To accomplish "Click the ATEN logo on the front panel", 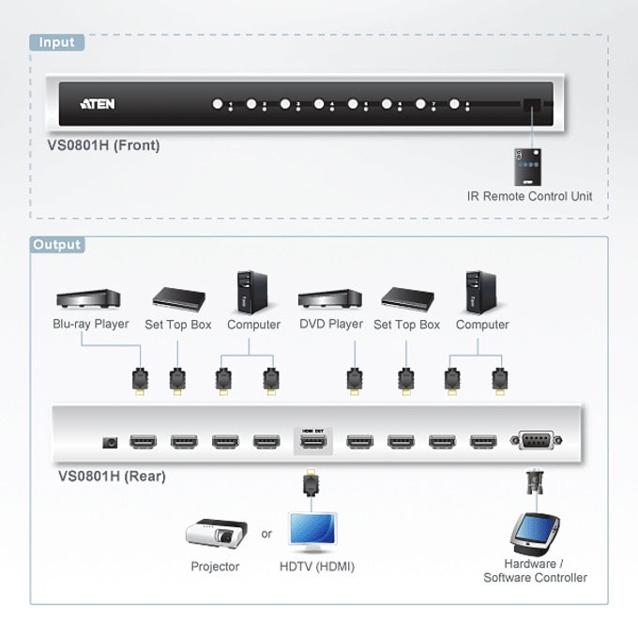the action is click(x=98, y=104).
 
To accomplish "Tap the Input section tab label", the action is click(x=57, y=42).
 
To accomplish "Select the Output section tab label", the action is click(x=57, y=245).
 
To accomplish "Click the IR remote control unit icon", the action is click(x=527, y=167).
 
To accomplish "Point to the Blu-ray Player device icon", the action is click(x=88, y=298).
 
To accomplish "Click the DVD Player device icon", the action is click(x=330, y=298).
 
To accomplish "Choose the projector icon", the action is click(x=217, y=534).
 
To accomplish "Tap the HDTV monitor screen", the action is click(x=312, y=528).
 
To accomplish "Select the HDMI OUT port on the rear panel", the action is click(x=312, y=441).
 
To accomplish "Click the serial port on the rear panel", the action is click(x=537, y=440).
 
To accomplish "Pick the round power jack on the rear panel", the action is click(x=110, y=442).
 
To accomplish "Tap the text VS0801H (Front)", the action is click(x=104, y=145).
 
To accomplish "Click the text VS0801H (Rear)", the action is click(x=112, y=476).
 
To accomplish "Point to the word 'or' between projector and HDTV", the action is click(x=266, y=534).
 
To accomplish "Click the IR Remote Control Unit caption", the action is click(x=529, y=196).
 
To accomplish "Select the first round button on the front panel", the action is click(x=218, y=104).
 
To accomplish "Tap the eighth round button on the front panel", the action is click(x=454, y=104).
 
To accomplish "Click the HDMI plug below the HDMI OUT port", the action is click(x=311, y=482).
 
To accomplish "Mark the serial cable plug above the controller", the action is click(x=535, y=482).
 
